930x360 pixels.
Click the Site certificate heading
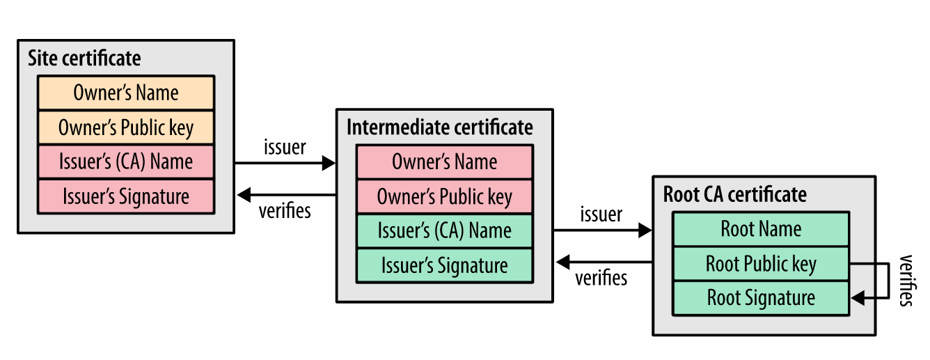coord(84,58)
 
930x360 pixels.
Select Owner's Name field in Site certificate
coord(126,93)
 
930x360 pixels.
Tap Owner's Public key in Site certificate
coord(126,127)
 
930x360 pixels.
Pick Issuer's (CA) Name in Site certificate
coord(126,162)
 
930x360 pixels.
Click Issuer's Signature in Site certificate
coord(126,196)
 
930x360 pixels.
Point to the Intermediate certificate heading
coord(439,127)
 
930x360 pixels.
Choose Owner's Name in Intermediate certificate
coord(445,162)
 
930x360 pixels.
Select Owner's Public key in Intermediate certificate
coord(445,196)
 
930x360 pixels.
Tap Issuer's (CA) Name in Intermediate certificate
coord(445,230)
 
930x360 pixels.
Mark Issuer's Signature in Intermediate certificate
coord(445,265)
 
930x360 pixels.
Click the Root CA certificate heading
coord(734,194)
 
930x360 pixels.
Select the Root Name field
coord(761,228)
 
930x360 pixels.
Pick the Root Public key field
coord(761,264)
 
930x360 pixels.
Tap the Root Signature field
coord(761,298)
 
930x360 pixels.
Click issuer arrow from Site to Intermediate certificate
coord(285,164)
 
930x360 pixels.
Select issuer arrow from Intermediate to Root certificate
coord(601,229)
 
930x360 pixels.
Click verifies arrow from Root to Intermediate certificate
coord(601,263)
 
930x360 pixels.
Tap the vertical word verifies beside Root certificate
coord(906,281)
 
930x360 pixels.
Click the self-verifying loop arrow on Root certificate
coord(888,281)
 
